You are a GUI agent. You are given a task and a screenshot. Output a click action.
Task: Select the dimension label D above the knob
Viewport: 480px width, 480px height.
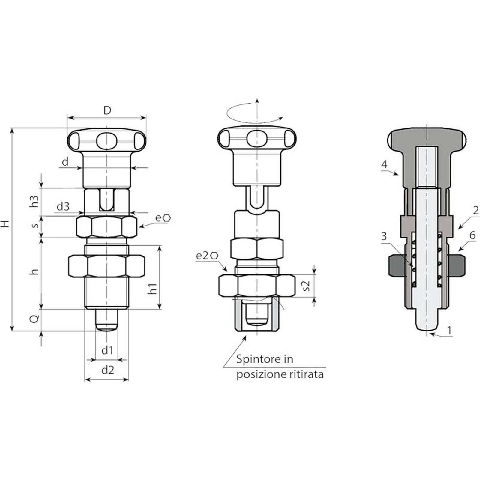[x=107, y=110]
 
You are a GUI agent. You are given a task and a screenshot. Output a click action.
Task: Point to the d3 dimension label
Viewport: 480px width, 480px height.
[x=63, y=206]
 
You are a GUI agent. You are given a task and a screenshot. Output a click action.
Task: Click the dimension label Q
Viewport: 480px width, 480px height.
[x=35, y=318]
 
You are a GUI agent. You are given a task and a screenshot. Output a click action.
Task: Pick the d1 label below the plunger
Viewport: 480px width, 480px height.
[x=107, y=350]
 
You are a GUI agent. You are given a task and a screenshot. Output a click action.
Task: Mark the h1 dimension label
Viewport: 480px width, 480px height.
[x=153, y=288]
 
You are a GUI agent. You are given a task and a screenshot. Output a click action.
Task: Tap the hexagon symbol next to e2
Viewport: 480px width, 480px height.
[x=214, y=256]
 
